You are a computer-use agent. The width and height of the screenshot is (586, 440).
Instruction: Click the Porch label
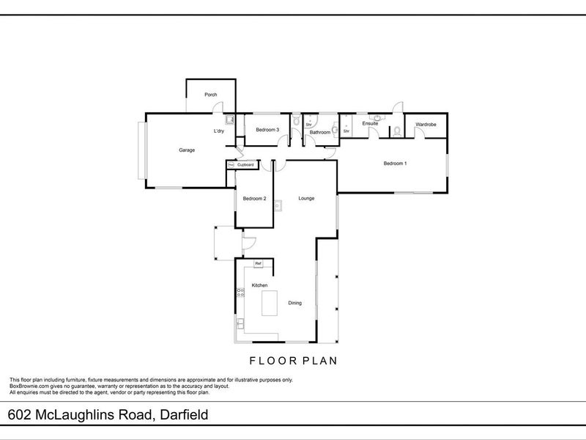210,95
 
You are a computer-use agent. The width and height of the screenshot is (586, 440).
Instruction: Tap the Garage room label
187,150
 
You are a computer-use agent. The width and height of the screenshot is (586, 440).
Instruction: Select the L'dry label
218,131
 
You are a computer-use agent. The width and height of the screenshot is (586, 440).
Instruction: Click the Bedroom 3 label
267,130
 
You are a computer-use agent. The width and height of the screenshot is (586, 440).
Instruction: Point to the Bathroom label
320,133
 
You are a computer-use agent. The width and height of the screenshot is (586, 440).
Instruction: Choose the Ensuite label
370,123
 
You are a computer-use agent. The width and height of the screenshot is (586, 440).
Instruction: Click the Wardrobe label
426,125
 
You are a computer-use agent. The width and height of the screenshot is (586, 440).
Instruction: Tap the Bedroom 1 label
395,164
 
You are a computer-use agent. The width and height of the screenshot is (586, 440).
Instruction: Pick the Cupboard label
245,165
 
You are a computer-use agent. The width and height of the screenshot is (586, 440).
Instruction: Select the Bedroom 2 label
254,199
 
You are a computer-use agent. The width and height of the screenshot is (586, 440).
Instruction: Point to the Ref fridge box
259,263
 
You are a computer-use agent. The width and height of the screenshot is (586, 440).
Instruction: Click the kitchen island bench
270,302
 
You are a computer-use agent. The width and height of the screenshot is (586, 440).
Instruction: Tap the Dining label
295,302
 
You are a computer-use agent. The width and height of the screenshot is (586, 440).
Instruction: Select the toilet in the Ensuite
396,133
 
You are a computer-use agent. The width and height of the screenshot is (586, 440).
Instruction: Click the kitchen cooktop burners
240,294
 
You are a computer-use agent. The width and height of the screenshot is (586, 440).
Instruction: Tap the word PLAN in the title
316,361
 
